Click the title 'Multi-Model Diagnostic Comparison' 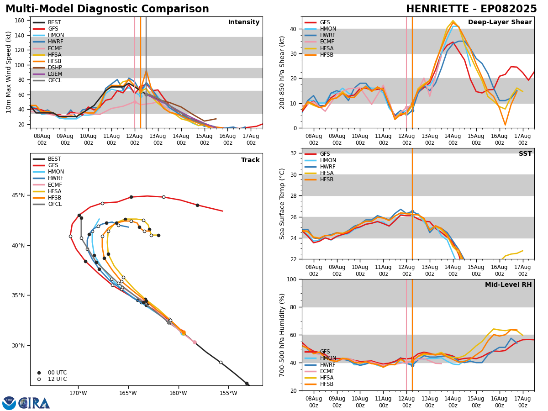point(107,9)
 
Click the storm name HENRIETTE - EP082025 point(471,9)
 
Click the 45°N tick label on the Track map point(18,195)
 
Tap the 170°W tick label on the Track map point(78,393)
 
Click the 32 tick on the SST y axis point(295,153)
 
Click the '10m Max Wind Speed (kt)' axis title point(9,72)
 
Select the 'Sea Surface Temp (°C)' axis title point(283,204)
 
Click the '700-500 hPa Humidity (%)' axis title point(283,335)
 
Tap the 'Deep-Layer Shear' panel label point(500,22)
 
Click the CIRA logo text point(34,403)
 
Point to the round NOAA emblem point(9,403)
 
